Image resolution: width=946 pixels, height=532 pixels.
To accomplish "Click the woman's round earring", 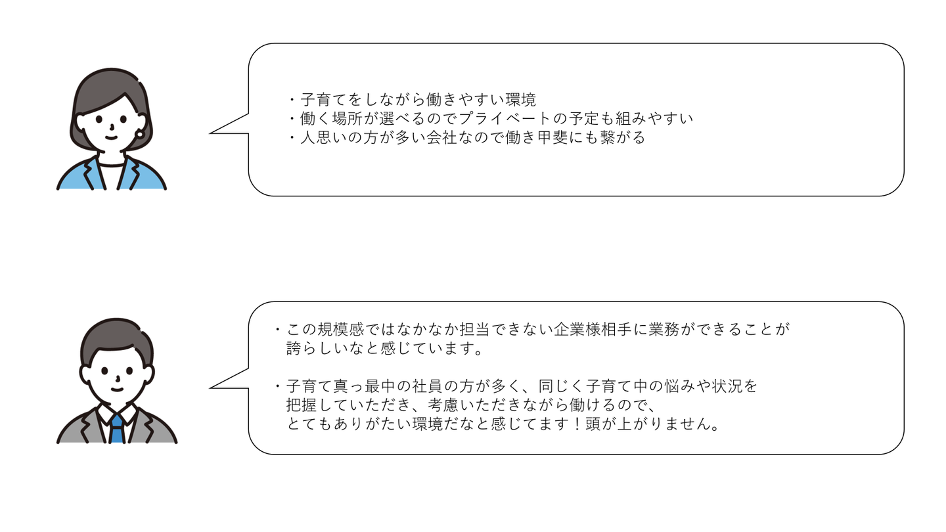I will (x=139, y=133).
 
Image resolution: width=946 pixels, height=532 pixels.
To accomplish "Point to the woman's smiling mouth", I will (x=110, y=137).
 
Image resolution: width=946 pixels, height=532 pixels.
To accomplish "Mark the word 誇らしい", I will (x=320, y=349).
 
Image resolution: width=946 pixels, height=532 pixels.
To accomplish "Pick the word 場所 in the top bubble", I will (x=353, y=119).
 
